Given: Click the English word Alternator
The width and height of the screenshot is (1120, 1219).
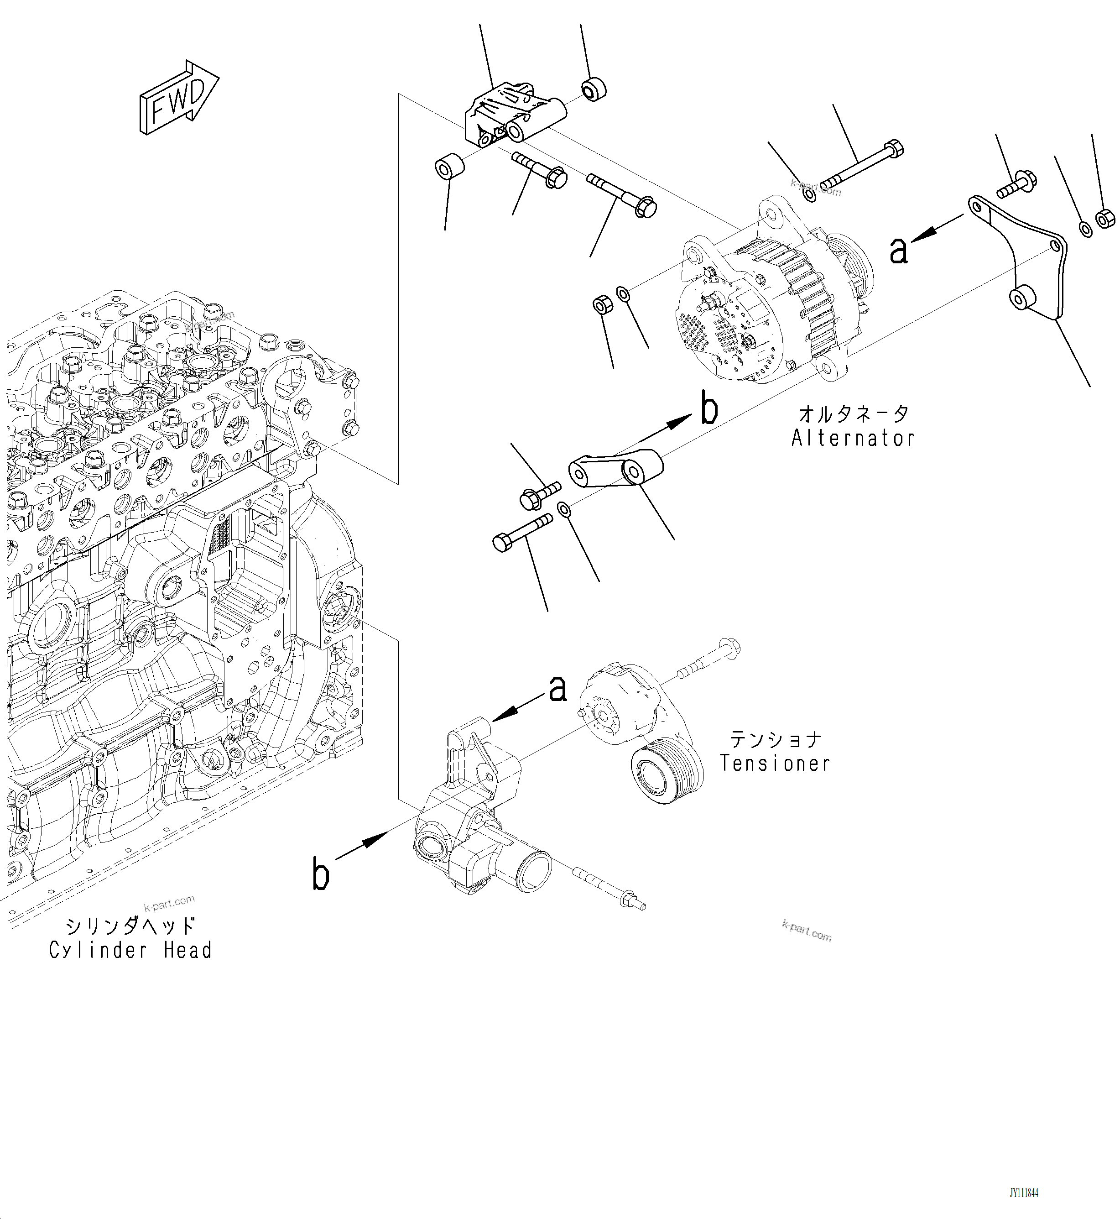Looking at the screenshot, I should click(x=853, y=438).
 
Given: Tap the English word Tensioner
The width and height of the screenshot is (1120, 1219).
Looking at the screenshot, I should click(x=775, y=763).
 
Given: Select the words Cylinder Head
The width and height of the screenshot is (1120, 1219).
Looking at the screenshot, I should click(x=130, y=950).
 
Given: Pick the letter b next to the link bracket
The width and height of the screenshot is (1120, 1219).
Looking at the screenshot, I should click(x=708, y=409).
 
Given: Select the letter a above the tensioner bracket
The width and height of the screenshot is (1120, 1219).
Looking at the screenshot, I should click(x=557, y=689).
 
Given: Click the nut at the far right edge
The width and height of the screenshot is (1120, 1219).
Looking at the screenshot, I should click(x=1104, y=218).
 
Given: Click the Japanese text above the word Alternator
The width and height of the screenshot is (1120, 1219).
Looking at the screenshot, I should click(x=853, y=413).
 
